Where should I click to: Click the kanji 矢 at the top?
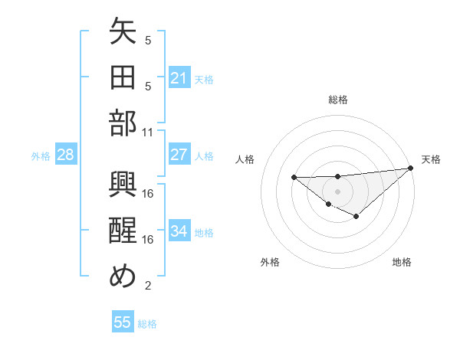[x=123, y=34]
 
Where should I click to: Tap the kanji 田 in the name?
[x=123, y=77]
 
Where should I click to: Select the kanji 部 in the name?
[x=123, y=123]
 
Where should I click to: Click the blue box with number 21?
[x=179, y=77]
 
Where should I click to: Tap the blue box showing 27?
[x=179, y=155]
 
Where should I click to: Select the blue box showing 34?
[x=179, y=231]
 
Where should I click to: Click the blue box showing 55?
[x=123, y=322]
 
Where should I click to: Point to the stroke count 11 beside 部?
[x=149, y=131]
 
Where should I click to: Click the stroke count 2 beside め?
[x=148, y=286]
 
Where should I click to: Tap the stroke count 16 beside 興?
[x=149, y=193]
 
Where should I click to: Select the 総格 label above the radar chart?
[x=337, y=100]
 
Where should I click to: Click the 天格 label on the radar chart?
[x=431, y=159]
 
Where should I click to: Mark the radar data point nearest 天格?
[x=411, y=169]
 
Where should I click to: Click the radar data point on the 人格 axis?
[x=294, y=178]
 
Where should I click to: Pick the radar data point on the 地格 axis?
[x=356, y=217]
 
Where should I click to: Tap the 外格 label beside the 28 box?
[x=41, y=156]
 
